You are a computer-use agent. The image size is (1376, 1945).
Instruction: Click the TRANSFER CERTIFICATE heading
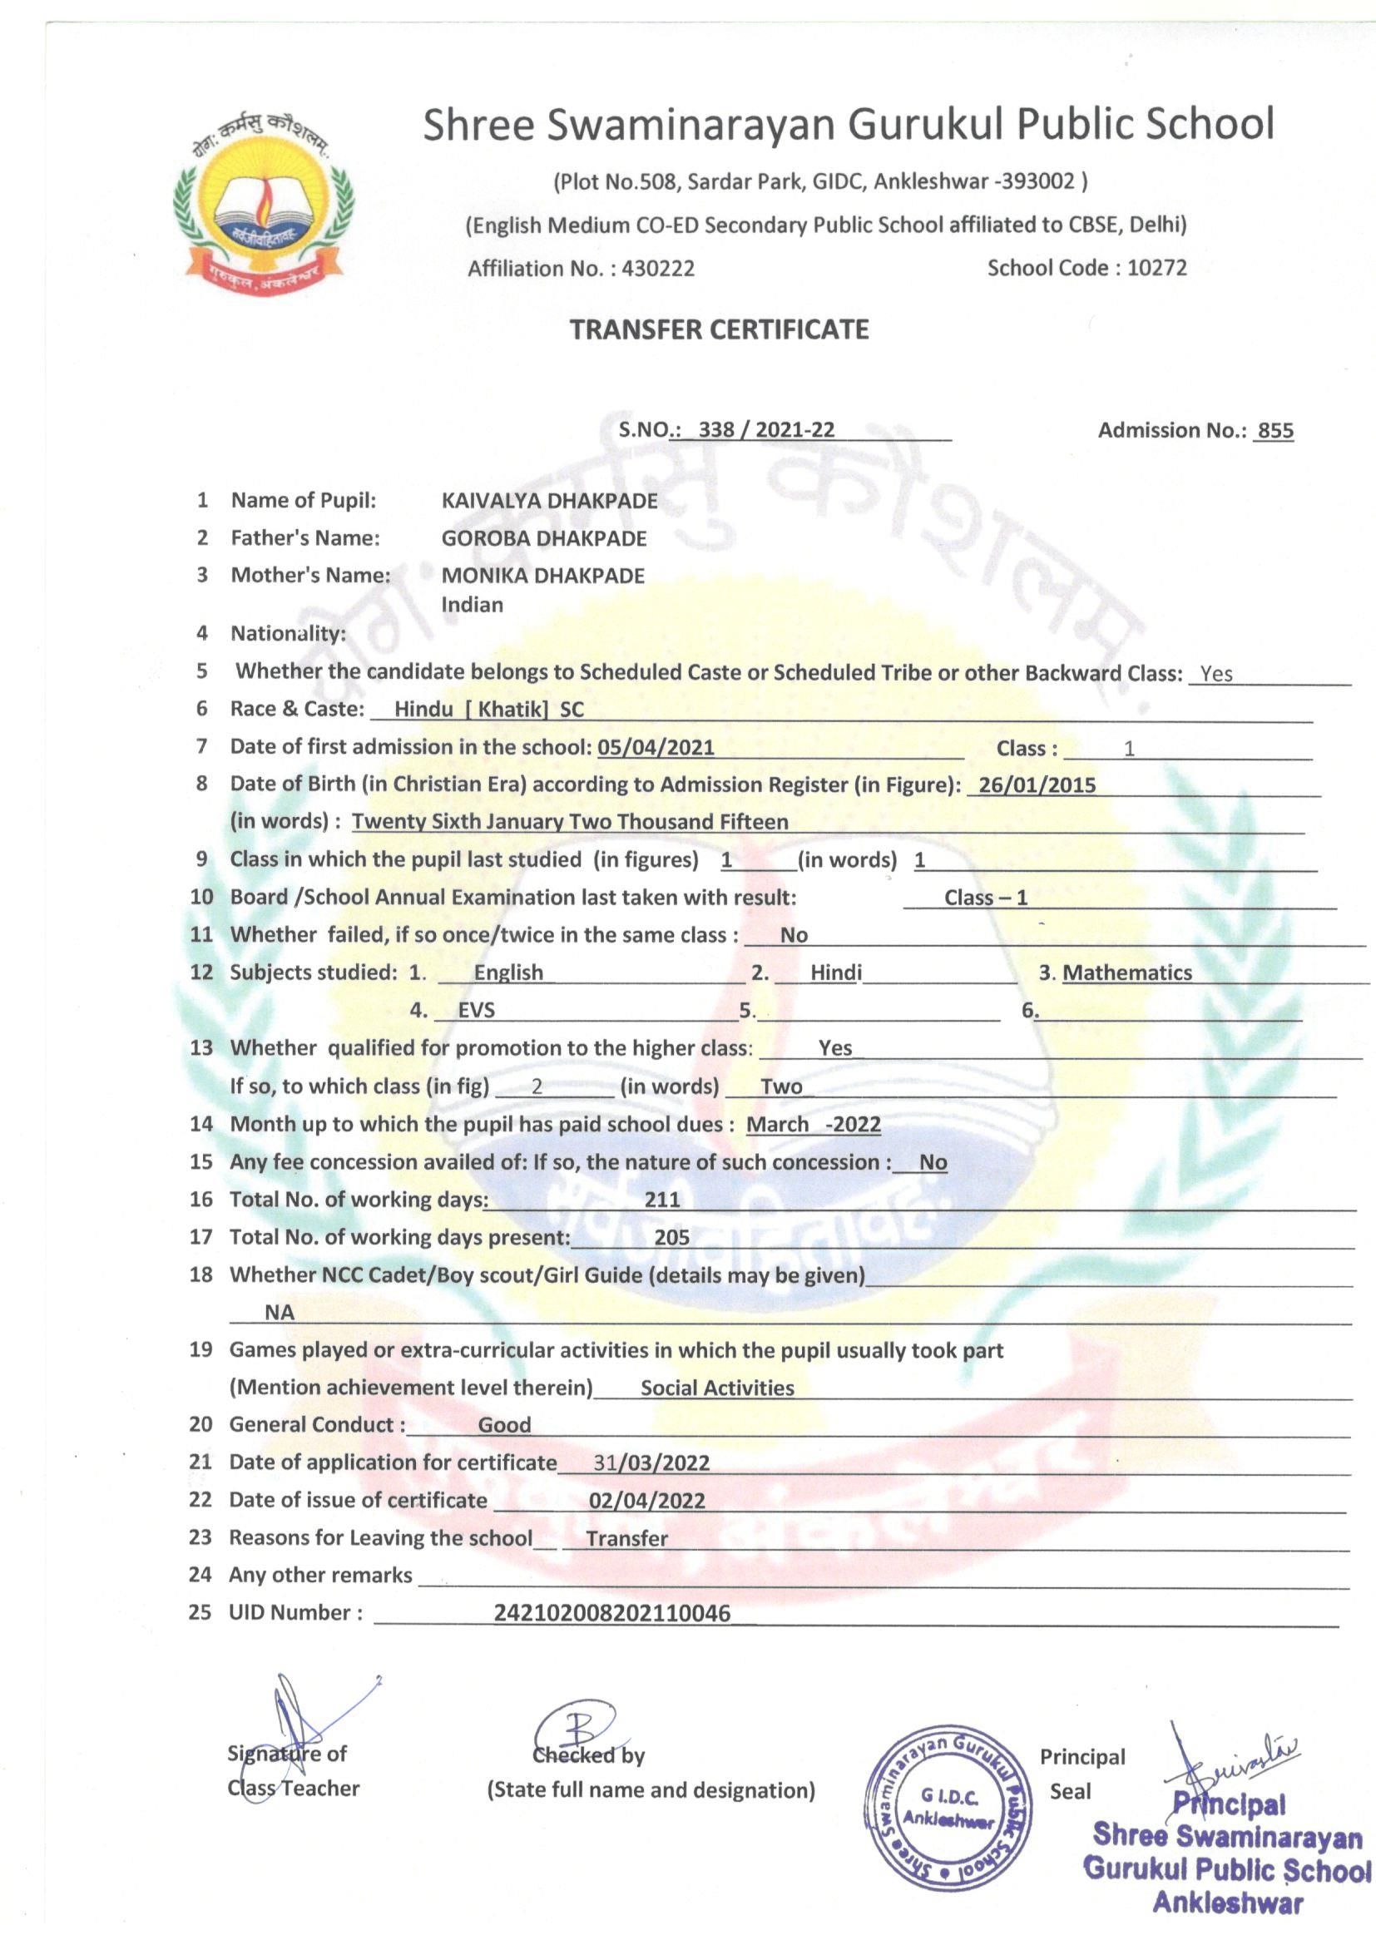click(x=719, y=329)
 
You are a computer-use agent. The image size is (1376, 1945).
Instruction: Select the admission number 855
click(x=1275, y=430)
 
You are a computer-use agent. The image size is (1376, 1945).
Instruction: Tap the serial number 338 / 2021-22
click(x=766, y=429)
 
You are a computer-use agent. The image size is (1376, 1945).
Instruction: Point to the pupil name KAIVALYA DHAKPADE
click(x=549, y=501)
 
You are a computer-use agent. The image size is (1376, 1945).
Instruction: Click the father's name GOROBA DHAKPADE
click(x=544, y=538)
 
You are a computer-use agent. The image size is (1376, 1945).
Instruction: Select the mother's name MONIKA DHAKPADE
click(x=542, y=576)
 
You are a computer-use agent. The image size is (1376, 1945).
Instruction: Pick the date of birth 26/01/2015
click(x=1037, y=784)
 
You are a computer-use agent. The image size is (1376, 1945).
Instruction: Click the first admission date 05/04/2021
click(x=656, y=747)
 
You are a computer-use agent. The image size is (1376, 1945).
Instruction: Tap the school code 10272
click(x=1156, y=268)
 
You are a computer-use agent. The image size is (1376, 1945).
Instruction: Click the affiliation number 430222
click(x=657, y=269)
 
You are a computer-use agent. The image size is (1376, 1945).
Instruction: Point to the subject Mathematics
click(x=1127, y=972)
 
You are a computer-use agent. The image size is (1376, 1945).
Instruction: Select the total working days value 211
click(x=661, y=1199)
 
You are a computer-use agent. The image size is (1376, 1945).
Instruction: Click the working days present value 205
click(x=671, y=1237)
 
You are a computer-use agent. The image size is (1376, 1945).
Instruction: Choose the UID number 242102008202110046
click(x=611, y=1612)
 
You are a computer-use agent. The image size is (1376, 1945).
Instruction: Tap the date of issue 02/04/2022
click(x=646, y=1500)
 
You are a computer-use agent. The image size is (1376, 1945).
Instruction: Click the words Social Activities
click(x=717, y=1388)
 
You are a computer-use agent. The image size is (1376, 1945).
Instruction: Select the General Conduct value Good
click(x=504, y=1425)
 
